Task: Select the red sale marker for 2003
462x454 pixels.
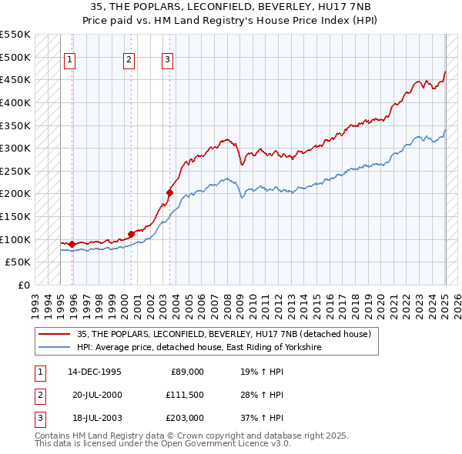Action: (169, 192)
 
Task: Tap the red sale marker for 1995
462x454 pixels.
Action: (72, 245)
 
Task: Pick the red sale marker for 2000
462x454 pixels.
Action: (131, 233)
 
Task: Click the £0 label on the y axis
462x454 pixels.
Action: (23, 285)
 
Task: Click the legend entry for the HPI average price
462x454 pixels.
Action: (198, 348)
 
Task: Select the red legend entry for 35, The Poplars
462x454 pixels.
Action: (223, 334)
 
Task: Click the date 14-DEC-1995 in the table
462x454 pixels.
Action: (95, 372)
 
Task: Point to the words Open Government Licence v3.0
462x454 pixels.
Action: (232, 444)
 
